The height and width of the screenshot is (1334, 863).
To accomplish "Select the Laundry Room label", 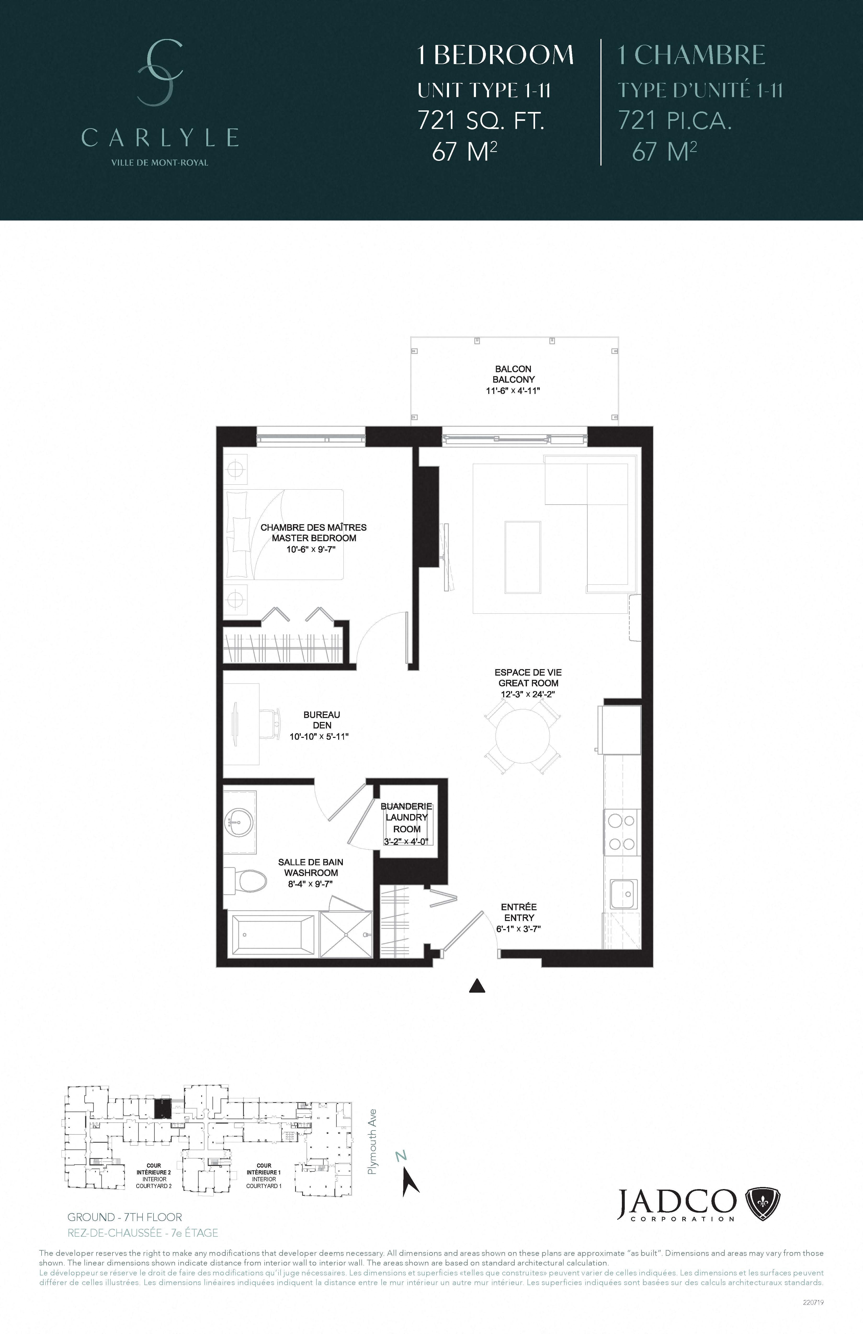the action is click(x=406, y=823).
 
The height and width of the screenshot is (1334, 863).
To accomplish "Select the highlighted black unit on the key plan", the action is click(x=162, y=1108).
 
